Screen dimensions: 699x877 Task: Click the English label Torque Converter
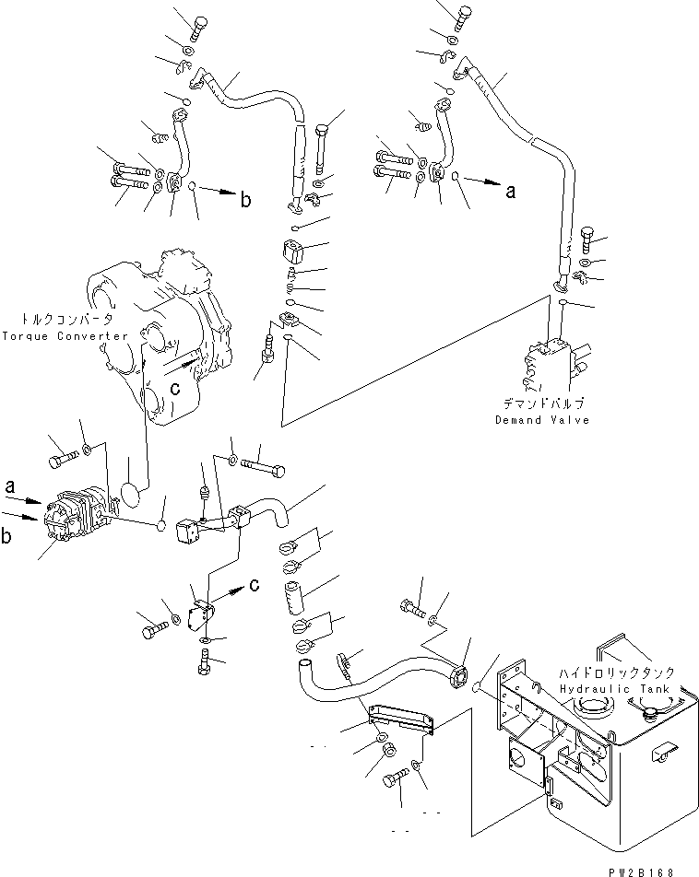65,335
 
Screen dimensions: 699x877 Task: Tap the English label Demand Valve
542,420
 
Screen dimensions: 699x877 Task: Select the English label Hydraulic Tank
615,688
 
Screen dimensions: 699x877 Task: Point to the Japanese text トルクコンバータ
66,320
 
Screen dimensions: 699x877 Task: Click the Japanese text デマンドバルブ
543,403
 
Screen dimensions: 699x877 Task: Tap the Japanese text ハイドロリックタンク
617,672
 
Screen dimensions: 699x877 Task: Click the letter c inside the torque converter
175,388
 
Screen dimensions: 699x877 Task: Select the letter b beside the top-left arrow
245,199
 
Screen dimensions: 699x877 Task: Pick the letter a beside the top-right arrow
510,192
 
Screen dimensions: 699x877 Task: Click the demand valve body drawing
548,364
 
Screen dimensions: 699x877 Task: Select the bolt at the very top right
464,19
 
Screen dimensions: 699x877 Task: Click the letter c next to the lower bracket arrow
254,584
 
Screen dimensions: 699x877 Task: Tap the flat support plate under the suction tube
401,719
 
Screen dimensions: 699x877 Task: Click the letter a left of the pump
10,486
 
